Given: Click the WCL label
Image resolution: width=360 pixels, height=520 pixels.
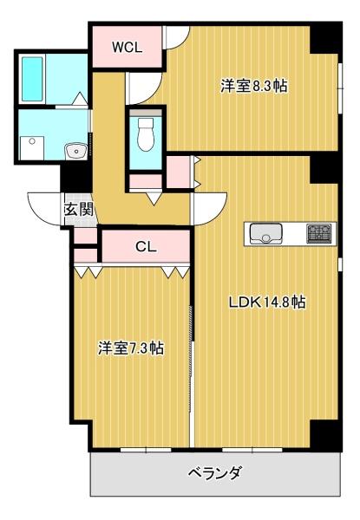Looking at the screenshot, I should pos(126,47).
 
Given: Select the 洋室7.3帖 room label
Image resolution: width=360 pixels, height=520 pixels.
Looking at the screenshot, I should pos(130,348).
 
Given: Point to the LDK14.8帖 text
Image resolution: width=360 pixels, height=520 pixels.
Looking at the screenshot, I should pos(266,302).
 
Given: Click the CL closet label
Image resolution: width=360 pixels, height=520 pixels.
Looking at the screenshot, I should pos(146,246).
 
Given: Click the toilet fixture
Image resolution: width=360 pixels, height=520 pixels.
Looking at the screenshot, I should pos(145,133).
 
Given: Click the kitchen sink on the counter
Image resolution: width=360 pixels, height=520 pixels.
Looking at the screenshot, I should pos(265,232).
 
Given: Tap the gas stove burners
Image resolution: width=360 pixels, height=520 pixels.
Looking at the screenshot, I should pos(318,232).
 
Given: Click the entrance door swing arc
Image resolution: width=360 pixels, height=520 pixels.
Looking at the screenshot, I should pos(43,208).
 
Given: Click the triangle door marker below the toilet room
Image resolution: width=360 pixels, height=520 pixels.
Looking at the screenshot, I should pos(153,198).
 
